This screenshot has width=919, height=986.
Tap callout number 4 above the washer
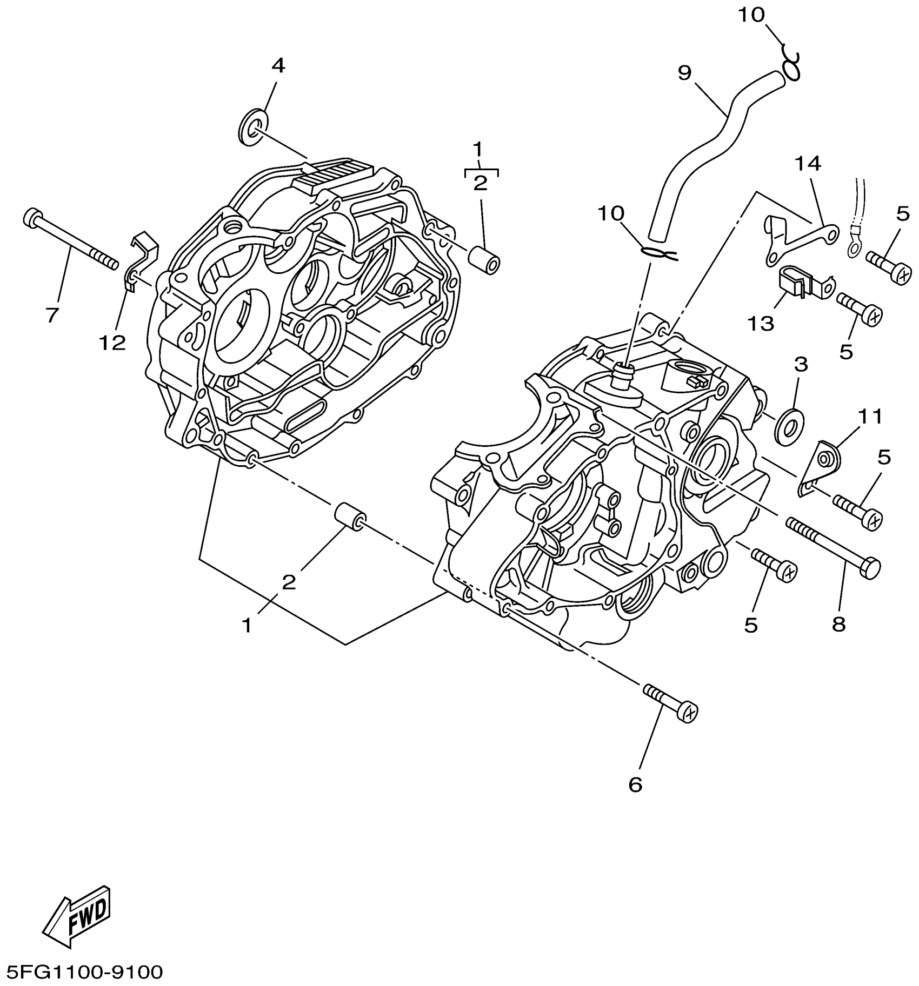point(278,66)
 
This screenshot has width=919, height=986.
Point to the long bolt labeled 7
point(70,240)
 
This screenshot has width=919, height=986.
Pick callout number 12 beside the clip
point(112,342)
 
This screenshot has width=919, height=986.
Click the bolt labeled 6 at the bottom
point(670,702)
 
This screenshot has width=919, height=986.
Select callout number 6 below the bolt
point(635,784)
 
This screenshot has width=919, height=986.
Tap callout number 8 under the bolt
point(838,625)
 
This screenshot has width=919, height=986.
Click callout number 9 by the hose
point(684,73)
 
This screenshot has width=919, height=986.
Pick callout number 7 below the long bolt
point(52,314)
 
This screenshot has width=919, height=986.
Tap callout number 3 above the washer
point(801,364)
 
